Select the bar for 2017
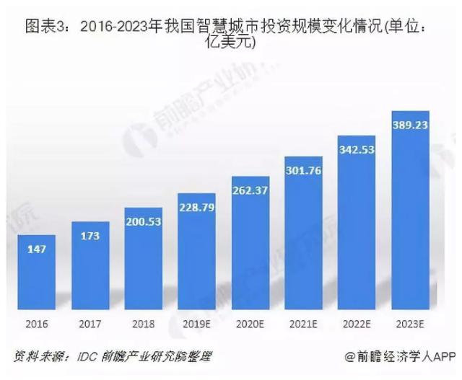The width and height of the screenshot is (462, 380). click(90, 263)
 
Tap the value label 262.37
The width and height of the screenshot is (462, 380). click(250, 190)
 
